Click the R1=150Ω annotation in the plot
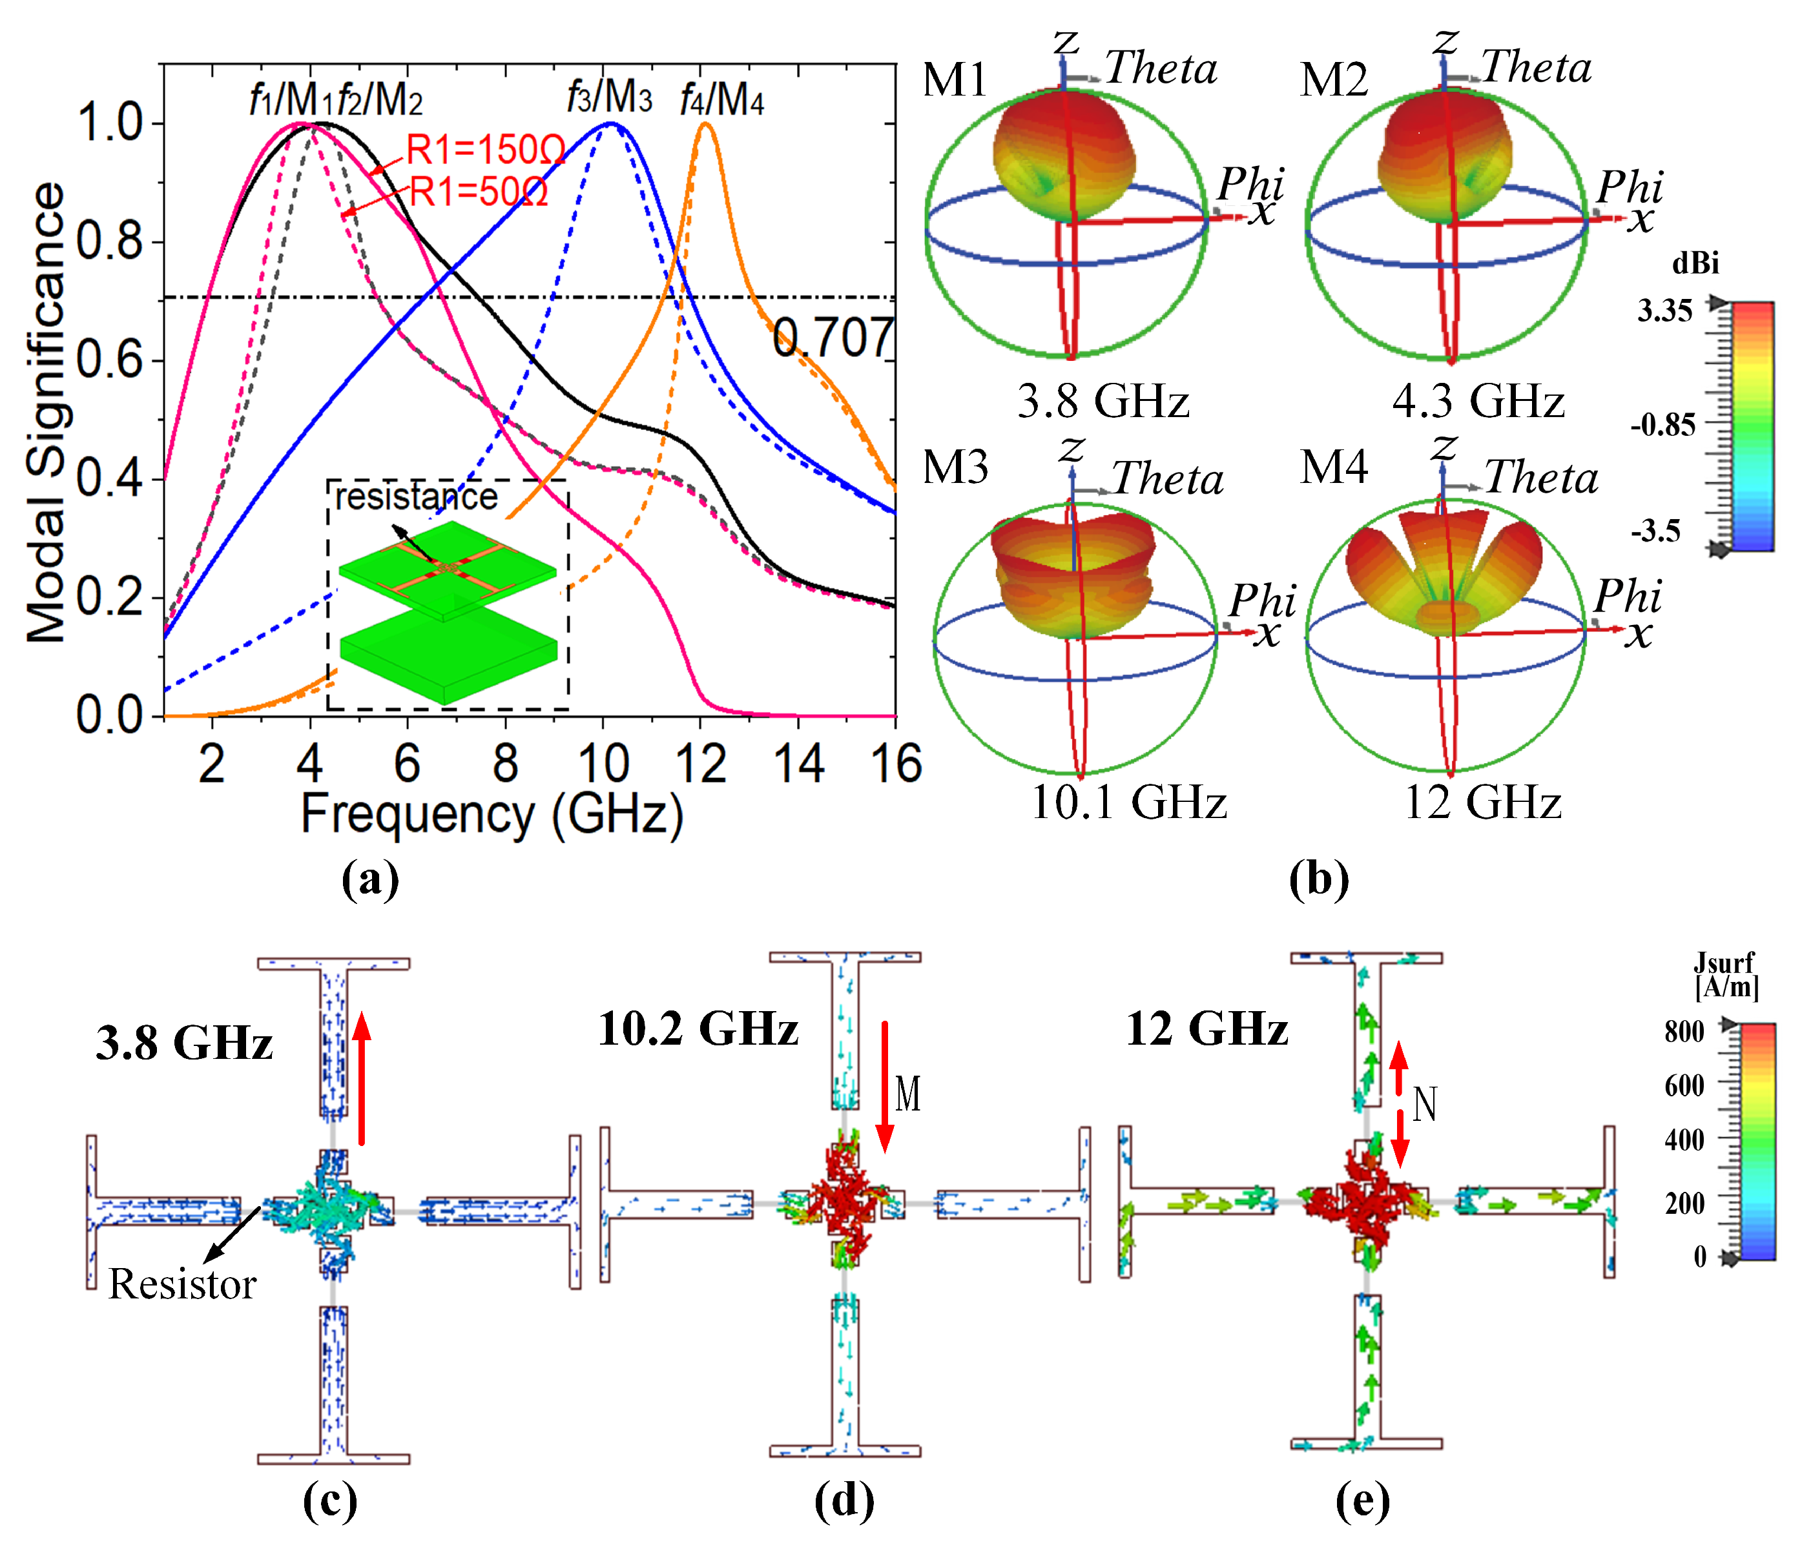485,150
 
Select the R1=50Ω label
479,191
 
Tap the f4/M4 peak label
722,100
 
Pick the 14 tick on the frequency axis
798,764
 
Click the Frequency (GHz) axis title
492,815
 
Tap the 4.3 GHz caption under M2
1478,401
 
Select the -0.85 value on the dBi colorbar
1663,424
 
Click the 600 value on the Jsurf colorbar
1684,1085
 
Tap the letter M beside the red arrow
907,1094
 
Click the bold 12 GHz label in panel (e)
1207,1029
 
